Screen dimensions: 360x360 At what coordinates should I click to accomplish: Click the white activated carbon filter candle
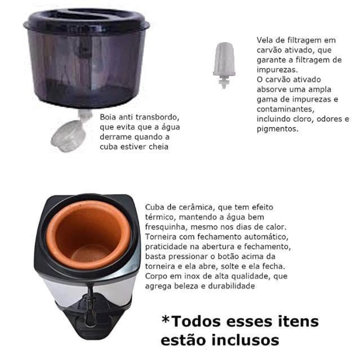pyautogui.click(x=224, y=65)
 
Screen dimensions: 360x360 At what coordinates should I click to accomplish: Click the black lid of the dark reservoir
pyautogui.click(x=87, y=21)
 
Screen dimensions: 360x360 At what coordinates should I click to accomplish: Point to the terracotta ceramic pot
pyautogui.click(x=88, y=234)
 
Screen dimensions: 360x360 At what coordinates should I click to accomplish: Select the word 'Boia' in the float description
pyautogui.click(x=108, y=117)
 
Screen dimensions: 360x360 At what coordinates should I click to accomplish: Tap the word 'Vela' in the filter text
pyautogui.click(x=264, y=40)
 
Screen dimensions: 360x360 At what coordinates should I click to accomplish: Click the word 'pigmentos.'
pyautogui.click(x=278, y=129)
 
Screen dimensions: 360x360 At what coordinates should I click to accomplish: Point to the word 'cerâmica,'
pyautogui.click(x=197, y=207)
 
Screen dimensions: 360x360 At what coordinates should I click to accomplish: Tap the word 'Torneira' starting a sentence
pyautogui.click(x=161, y=237)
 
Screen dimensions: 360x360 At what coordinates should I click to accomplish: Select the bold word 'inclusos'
pyautogui.click(x=245, y=340)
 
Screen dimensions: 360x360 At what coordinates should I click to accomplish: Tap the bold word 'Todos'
pyautogui.click(x=196, y=321)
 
